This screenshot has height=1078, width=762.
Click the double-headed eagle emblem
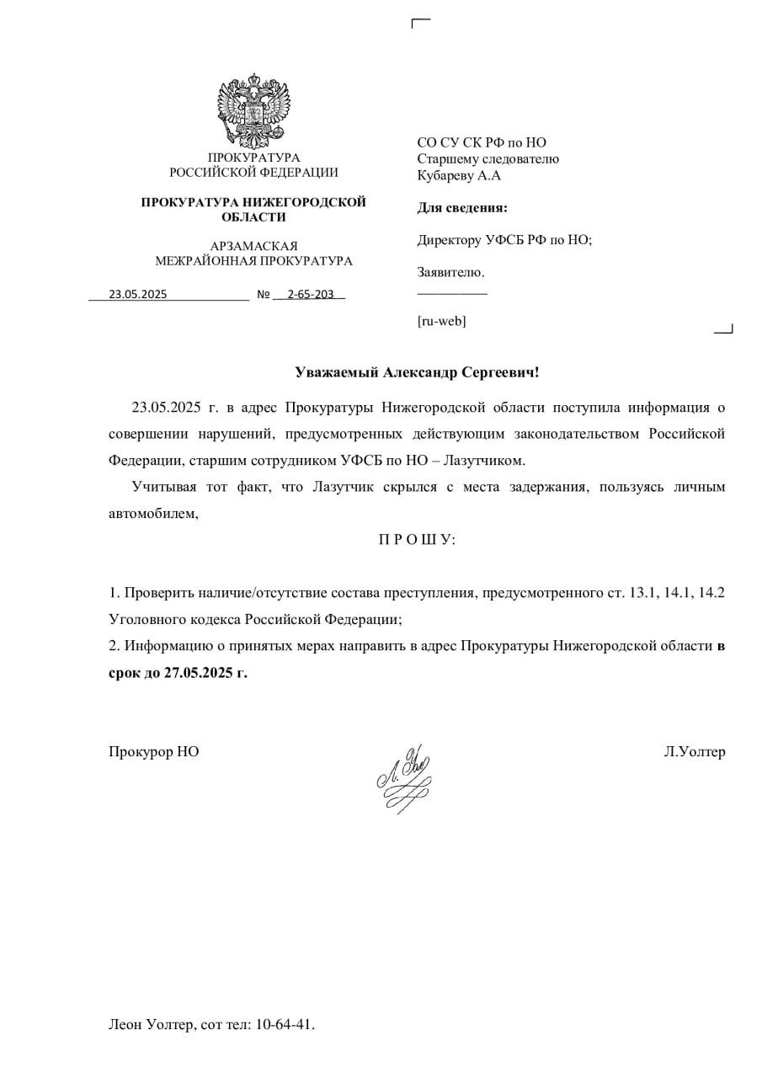pos(254,110)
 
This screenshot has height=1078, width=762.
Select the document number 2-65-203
pos(310,295)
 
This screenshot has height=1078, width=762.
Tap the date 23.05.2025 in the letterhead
pos(138,295)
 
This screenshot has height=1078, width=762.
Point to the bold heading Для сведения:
pos(462,208)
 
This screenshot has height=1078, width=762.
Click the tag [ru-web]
pos(441,321)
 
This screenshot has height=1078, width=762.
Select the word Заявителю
pos(450,272)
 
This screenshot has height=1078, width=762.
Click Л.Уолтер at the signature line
pos(694,752)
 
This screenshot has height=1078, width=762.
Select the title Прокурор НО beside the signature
pos(154,752)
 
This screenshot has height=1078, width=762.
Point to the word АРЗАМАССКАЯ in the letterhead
pos(253,246)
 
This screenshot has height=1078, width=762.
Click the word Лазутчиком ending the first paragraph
pos(488,461)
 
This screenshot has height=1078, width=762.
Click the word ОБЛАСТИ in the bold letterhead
pos(253,217)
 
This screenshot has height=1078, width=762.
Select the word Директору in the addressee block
pos(450,240)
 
